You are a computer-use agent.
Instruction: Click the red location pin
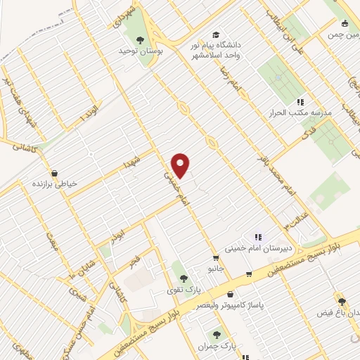click(x=181, y=165)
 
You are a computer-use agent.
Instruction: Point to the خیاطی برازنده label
click(x=53, y=184)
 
